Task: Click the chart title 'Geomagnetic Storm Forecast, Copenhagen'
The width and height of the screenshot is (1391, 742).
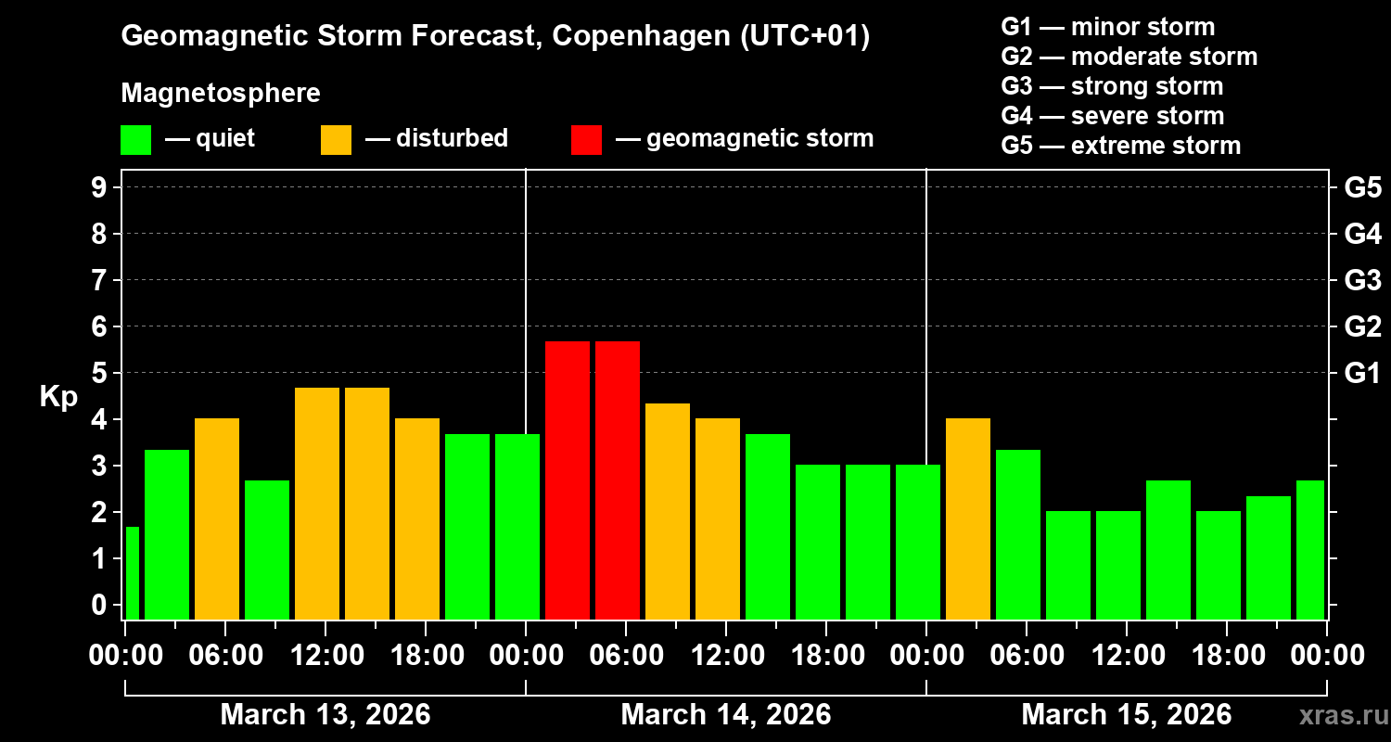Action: (495, 37)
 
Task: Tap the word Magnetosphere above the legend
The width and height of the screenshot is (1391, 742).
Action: (221, 94)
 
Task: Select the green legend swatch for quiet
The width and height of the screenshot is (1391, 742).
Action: (136, 139)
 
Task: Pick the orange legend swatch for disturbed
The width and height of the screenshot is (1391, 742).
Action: (336, 139)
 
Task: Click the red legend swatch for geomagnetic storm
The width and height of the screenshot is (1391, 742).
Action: (586, 139)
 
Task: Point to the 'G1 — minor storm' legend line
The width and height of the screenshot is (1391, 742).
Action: (1108, 27)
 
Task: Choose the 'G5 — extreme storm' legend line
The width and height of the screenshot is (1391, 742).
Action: (1121, 146)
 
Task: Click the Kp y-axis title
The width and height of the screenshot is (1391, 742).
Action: (58, 397)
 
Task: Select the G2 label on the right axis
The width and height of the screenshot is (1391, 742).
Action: (1362, 326)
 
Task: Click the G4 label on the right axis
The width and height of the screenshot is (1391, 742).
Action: (1362, 234)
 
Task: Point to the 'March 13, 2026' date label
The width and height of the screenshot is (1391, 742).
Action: (325, 714)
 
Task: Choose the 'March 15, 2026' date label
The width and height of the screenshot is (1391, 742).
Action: (1126, 714)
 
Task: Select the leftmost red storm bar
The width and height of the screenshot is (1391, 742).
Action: (568, 480)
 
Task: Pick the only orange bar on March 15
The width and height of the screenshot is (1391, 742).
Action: (968, 518)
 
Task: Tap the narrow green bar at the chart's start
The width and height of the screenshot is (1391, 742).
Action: (132, 572)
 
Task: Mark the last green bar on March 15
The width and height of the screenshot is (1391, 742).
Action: (1309, 549)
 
